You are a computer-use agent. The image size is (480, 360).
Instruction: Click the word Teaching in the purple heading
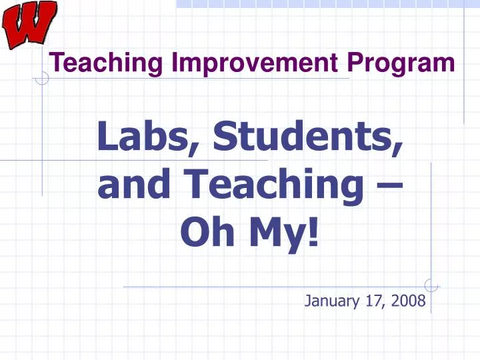pos(108,63)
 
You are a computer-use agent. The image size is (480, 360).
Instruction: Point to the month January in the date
pos(332,301)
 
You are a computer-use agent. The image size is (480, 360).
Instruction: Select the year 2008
pos(408,301)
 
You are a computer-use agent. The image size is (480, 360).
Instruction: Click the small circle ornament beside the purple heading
pos(42,79)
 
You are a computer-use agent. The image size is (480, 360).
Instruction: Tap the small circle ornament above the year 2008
pos(431,286)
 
